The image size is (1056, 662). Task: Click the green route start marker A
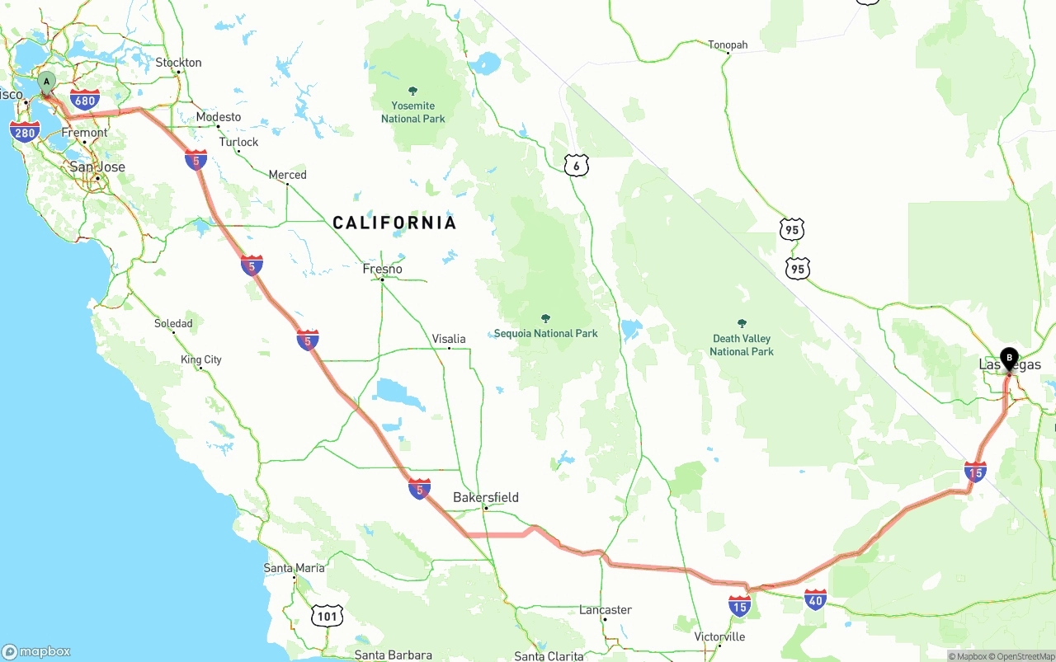(47, 82)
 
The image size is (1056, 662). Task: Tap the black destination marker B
(1008, 359)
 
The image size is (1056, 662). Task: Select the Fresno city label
(383, 269)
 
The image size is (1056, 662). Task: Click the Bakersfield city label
(486, 497)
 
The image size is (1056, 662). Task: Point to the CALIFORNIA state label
(394, 223)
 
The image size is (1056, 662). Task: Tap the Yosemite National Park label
(413, 111)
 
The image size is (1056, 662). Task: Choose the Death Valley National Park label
(742, 345)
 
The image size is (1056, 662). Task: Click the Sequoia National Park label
(545, 333)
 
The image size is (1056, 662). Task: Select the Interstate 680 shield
(85, 101)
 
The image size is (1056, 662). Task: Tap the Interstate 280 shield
(25, 131)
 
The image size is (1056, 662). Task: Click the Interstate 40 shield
(815, 599)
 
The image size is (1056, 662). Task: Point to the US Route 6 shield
(577, 165)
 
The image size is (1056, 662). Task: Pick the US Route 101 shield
(328, 615)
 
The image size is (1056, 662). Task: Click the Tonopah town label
(728, 45)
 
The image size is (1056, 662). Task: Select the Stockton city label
(178, 63)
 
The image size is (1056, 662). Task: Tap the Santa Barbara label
(393, 655)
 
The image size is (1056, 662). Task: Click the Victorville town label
(719, 636)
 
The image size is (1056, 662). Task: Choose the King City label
(201, 359)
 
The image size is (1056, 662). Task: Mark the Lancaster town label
(606, 609)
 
